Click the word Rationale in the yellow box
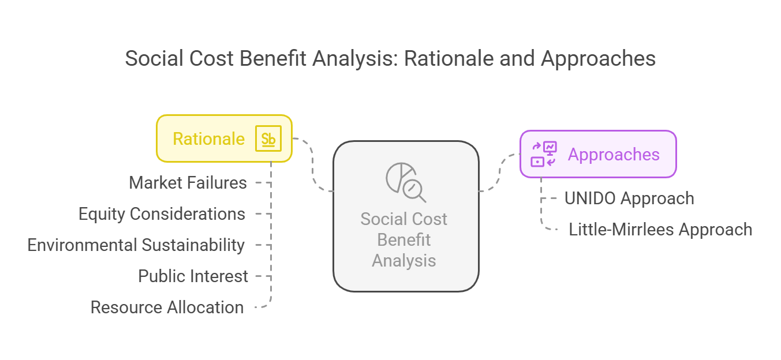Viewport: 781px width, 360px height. (208, 138)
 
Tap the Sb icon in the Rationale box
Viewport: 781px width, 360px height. (268, 138)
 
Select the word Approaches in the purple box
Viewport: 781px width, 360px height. (614, 155)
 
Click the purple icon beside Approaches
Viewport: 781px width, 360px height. (544, 154)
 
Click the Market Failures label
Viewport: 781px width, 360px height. (188, 183)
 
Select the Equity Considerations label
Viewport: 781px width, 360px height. (162, 213)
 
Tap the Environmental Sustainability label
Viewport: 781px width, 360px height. (136, 245)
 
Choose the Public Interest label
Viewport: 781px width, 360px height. (193, 276)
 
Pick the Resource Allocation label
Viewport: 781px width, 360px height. (167, 307)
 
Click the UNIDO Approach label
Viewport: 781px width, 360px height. (629, 198)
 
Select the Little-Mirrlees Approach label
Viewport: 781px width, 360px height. (660, 229)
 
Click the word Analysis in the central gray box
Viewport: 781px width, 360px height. (403, 261)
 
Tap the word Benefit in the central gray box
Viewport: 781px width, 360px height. (403, 240)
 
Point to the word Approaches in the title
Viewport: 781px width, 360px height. (598, 58)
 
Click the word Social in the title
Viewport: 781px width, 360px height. (155, 58)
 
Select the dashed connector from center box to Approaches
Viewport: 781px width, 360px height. (500, 172)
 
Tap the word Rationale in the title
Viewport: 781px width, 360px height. (449, 58)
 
